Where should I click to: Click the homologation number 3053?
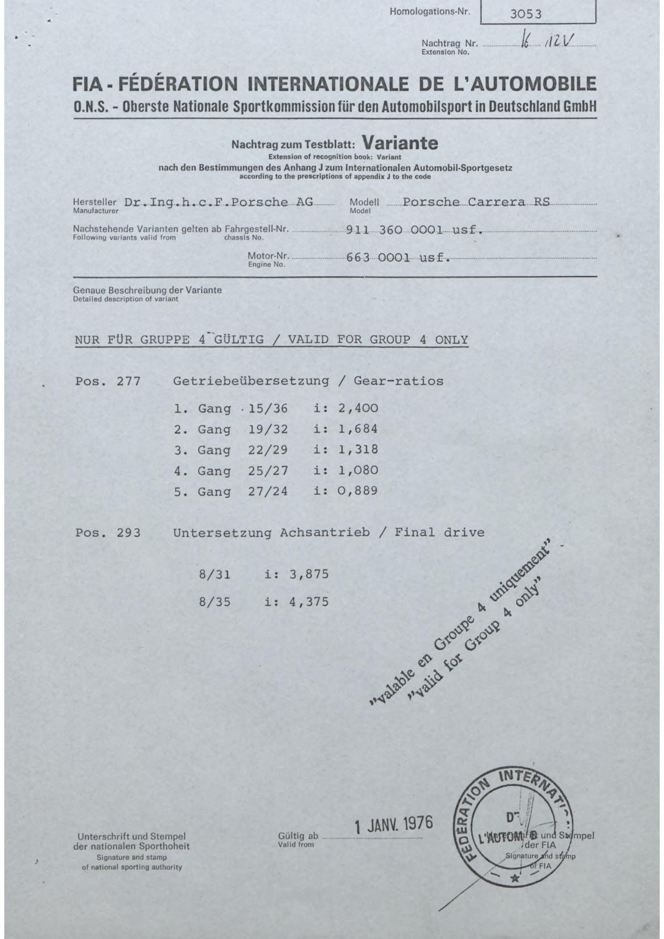point(525,14)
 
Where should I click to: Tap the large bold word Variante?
point(400,143)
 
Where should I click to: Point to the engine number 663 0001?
point(378,258)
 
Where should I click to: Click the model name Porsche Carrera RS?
point(476,202)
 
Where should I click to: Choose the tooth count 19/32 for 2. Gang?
point(268,429)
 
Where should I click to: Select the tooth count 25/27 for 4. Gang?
point(268,471)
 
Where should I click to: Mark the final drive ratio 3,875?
point(309,574)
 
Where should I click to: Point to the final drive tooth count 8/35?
point(215,602)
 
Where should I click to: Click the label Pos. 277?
point(108,382)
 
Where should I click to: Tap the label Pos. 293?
point(108,533)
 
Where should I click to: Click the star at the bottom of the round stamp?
point(515,879)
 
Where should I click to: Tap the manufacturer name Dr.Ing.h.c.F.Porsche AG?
point(218,202)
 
